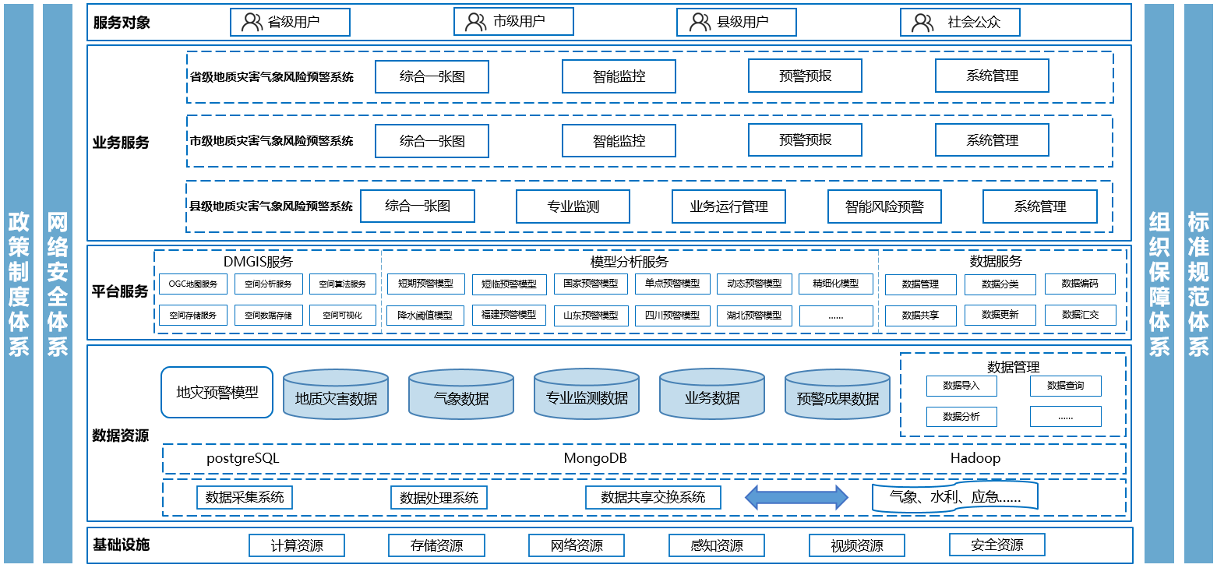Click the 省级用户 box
click(290, 23)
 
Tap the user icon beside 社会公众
click(922, 23)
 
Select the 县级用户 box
click(736, 23)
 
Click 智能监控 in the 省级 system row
click(619, 76)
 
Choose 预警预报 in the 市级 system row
click(805, 140)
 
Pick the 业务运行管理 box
click(728, 206)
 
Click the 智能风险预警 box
click(884, 206)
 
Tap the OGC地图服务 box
click(193, 284)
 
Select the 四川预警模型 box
click(672, 316)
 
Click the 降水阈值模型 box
click(425, 316)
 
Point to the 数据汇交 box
click(1080, 316)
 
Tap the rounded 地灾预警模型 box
click(217, 392)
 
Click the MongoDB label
click(595, 459)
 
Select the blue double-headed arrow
click(796, 497)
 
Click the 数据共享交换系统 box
click(653, 497)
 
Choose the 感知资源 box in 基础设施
click(717, 545)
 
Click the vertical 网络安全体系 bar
click(58, 284)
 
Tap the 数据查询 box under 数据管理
click(1065, 386)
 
